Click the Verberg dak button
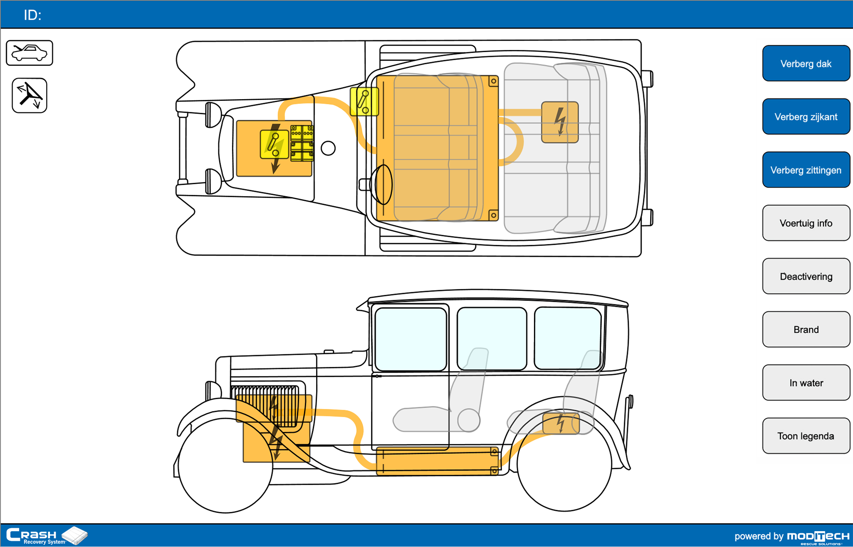pyautogui.click(x=806, y=64)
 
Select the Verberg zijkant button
pyautogui.click(x=806, y=117)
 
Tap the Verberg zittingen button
pyautogui.click(x=806, y=170)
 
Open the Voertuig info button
pyautogui.click(x=806, y=223)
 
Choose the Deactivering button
pyautogui.click(x=806, y=276)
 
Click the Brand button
pyautogui.click(x=806, y=329)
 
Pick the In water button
pyautogui.click(x=806, y=383)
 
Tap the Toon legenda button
pyautogui.click(x=806, y=436)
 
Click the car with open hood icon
pyautogui.click(x=29, y=53)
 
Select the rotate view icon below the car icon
pyautogui.click(x=29, y=95)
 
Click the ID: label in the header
pyautogui.click(x=32, y=15)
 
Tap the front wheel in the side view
pyautogui.click(x=225, y=466)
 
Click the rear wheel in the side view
pyautogui.click(x=564, y=464)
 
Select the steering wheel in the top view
pyautogui.click(x=383, y=185)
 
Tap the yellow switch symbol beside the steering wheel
pyautogui.click(x=364, y=102)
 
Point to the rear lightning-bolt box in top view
pyautogui.click(x=560, y=122)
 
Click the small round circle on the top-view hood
pyautogui.click(x=328, y=148)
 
